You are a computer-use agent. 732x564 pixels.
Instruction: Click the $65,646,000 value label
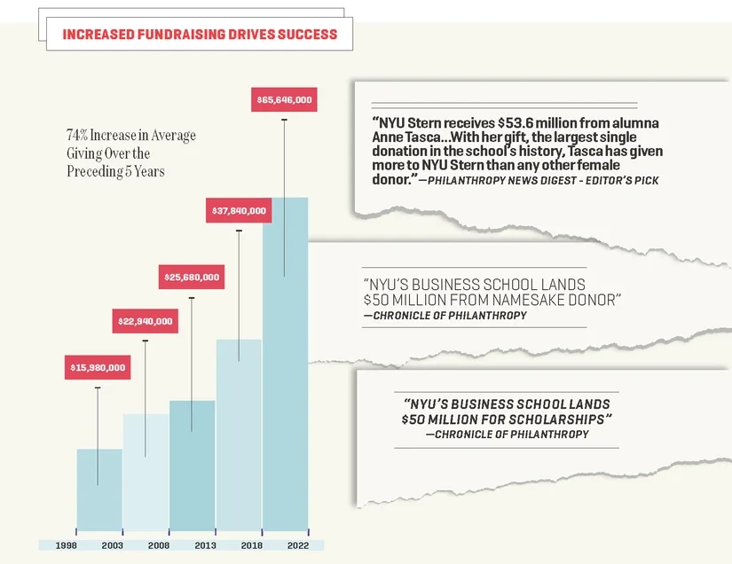pos(284,100)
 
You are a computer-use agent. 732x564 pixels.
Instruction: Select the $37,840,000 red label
pos(238,211)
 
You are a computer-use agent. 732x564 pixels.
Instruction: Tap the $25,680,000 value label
pos(191,278)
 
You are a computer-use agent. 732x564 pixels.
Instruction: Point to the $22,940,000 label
pos(145,321)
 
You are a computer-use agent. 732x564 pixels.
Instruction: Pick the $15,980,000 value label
pos(98,367)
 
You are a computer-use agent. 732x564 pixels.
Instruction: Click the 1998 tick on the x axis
pos(67,545)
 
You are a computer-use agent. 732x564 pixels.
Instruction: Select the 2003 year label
pos(113,545)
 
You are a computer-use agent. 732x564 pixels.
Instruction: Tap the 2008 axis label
pos(159,545)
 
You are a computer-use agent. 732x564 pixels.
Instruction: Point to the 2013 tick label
pos(205,545)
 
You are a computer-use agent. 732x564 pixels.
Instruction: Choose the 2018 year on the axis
pos(252,545)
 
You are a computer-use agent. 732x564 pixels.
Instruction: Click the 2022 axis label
pos(298,545)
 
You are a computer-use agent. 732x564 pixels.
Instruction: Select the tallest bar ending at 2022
pos(286,372)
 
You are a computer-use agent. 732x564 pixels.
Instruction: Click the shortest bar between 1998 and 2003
pos(99,492)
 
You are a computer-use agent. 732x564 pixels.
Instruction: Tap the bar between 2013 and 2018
pos(239,439)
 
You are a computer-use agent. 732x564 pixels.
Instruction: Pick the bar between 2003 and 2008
pos(146,474)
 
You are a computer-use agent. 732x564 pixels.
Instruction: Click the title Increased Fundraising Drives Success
pos(200,35)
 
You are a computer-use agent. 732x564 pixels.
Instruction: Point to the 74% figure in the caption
pos(76,136)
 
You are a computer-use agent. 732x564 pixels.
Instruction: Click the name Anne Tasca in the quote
pos(405,138)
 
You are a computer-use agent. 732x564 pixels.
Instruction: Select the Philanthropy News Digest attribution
pos(547,181)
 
